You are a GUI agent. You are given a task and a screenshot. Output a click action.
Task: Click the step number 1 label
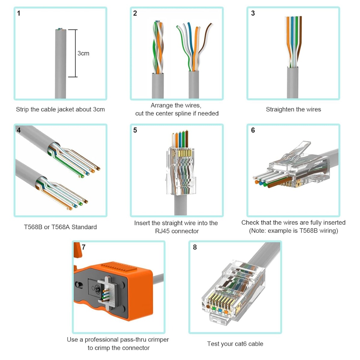coord(19,13)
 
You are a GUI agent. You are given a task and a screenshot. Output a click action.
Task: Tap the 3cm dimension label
coord(83,53)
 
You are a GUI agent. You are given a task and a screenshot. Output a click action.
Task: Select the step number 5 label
coord(135,130)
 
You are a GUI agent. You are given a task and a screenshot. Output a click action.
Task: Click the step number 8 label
coord(195,247)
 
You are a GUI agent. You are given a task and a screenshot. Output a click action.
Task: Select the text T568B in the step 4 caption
coord(33,227)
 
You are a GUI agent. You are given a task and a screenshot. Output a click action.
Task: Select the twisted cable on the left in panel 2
coord(158,48)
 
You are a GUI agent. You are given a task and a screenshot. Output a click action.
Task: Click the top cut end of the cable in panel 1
coord(60,30)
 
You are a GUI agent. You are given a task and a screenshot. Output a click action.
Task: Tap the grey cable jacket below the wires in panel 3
coord(292,82)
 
